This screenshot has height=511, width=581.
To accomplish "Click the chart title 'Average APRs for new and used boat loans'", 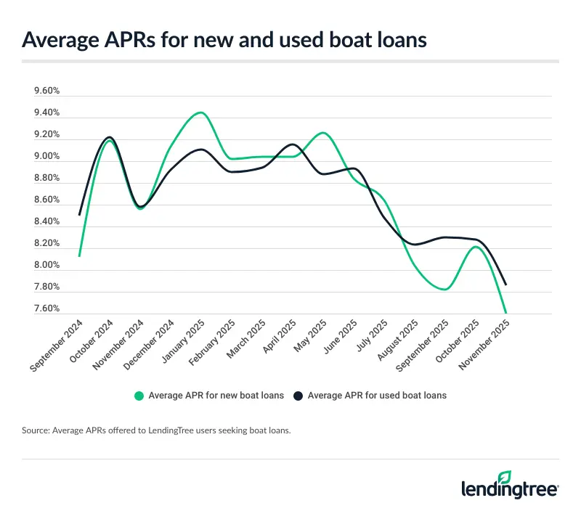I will coord(224,40).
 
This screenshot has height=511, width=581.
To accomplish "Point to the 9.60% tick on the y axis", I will coord(46,91).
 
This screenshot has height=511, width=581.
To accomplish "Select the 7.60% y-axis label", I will coord(46,308).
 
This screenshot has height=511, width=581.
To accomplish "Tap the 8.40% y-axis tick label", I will coord(46,221).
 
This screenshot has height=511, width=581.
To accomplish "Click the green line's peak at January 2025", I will coord(200,113).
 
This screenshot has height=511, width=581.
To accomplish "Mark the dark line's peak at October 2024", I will coord(109,136).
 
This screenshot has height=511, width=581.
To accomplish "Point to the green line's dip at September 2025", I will coord(444,290).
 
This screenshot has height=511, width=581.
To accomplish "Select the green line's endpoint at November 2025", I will coord(505,313).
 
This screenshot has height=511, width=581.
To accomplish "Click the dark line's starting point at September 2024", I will coord(78,215).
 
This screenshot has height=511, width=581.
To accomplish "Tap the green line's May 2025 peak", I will coord(322,133).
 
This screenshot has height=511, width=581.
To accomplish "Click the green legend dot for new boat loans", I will coord(139,396).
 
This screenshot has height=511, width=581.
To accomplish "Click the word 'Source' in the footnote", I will coord(35,431).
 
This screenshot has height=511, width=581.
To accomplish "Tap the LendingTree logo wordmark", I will coord(508,488).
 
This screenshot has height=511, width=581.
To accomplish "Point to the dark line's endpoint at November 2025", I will coord(505,285).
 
